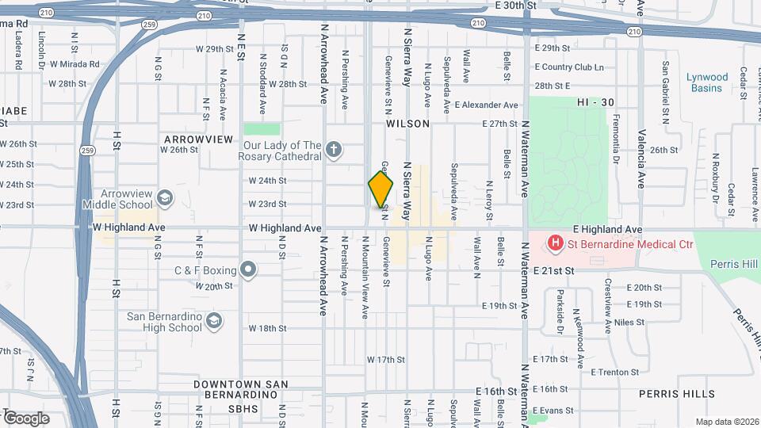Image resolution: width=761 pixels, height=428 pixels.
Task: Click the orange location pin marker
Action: [x=380, y=189]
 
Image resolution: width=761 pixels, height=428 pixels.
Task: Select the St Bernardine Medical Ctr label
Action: [x=630, y=244]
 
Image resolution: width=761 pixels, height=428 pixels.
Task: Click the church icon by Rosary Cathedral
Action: [x=335, y=149]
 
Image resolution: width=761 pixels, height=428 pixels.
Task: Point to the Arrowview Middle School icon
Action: [x=165, y=197]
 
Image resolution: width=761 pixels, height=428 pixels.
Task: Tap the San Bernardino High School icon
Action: [x=212, y=320]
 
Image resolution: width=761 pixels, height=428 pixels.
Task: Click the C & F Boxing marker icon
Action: [x=249, y=270]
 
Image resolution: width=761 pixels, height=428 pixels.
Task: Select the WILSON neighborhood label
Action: [x=407, y=124]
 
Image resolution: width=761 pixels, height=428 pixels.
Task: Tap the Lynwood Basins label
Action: [x=706, y=82]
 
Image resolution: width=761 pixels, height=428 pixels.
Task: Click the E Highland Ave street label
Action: [x=610, y=229]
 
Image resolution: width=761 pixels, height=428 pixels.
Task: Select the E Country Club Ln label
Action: [x=568, y=67]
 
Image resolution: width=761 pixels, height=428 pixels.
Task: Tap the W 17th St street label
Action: [x=386, y=359]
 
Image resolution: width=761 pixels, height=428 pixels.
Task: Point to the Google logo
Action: [x=25, y=418]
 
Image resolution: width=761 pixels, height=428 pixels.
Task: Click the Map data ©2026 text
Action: [x=726, y=421]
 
